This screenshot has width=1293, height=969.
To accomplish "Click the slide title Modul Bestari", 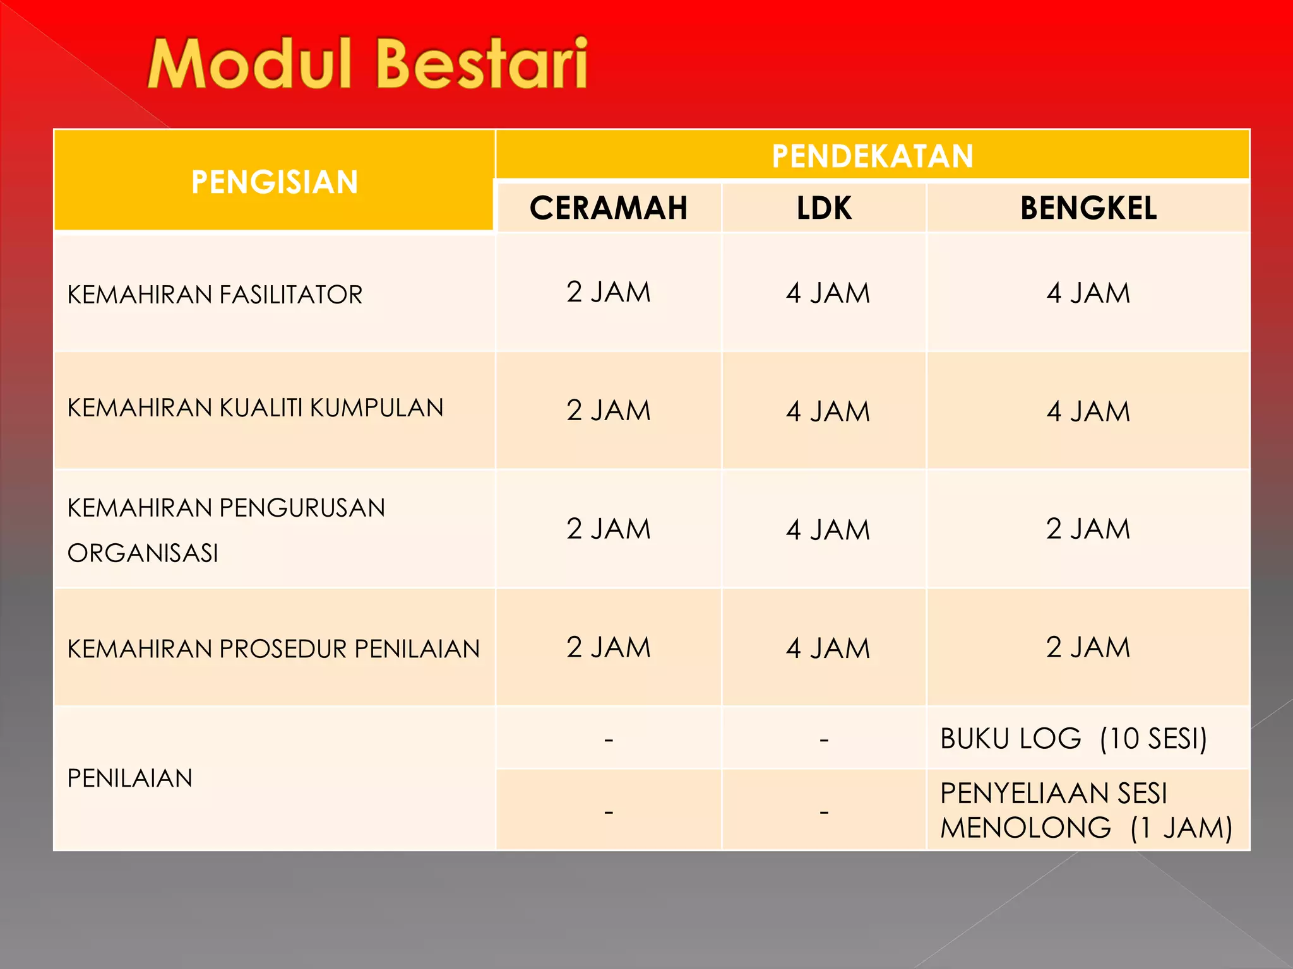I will point(367,64).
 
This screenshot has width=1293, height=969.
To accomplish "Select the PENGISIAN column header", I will point(275,182).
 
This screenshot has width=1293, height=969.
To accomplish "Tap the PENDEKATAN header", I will point(873,156).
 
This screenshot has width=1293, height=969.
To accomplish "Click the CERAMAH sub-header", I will point(609,208).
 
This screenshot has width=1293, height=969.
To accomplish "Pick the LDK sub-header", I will point(824,208).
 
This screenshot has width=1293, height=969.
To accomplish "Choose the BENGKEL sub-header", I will point(1088,208).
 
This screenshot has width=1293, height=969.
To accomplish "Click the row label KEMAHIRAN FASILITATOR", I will point(215,295).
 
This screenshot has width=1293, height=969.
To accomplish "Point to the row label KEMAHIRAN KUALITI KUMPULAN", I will point(255,408).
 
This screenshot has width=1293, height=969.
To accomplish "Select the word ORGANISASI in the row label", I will point(143,553).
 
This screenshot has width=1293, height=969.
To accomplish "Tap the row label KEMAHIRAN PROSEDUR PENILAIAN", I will point(273,649).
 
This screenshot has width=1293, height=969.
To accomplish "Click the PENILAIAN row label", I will point(130,778).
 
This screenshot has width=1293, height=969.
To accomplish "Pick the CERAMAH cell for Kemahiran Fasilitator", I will point(609,293).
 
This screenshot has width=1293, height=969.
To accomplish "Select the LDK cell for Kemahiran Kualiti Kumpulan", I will point(828,411).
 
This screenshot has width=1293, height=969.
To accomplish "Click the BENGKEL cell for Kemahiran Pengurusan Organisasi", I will point(1088,529).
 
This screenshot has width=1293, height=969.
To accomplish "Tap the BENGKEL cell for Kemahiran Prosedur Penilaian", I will point(1088,647).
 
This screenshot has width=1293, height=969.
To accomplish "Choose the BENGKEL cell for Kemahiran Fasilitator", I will point(1088,293).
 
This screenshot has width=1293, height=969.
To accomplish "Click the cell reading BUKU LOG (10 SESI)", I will point(1073,739).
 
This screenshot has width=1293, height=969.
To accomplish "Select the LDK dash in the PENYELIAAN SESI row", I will point(824,812).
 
